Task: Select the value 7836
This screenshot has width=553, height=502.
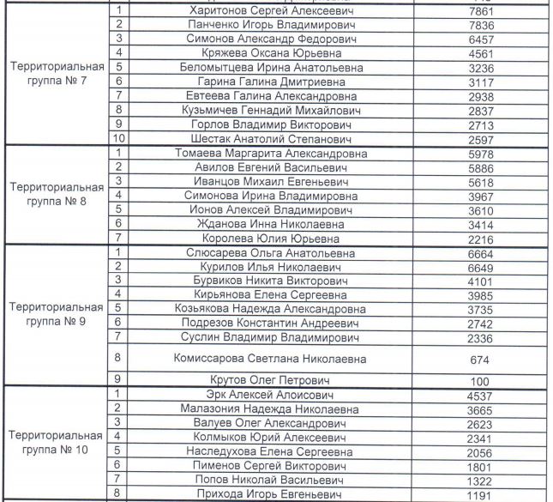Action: (x=480, y=26)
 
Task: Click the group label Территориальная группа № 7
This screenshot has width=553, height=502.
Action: (x=57, y=74)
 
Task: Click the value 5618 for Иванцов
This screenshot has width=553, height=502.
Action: (x=480, y=183)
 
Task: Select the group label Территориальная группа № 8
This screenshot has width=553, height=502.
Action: (x=57, y=196)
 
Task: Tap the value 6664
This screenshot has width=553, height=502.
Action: (x=480, y=253)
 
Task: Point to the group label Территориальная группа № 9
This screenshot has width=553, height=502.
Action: (x=57, y=315)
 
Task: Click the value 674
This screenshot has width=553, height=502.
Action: (x=480, y=359)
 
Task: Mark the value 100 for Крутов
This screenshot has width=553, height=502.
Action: (x=480, y=380)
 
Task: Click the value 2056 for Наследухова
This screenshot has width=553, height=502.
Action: (x=480, y=451)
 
